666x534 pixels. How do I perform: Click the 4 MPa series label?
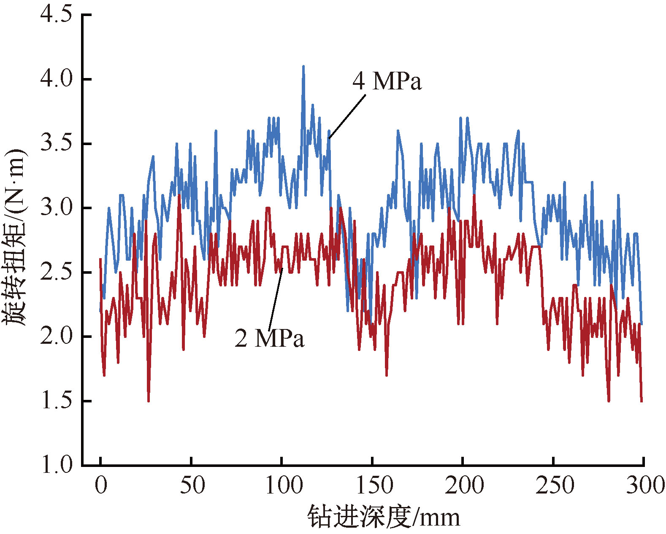pyautogui.click(x=387, y=81)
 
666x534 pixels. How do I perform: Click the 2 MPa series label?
pyautogui.click(x=269, y=338)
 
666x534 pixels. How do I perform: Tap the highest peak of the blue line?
pyautogui.click(x=303, y=67)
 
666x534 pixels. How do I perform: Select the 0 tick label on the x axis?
pyautogui.click(x=100, y=485)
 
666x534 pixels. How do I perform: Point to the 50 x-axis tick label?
pyautogui.click(x=192, y=485)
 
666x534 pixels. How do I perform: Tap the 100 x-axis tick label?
pyautogui.click(x=283, y=485)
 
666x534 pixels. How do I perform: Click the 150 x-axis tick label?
pyautogui.click(x=374, y=485)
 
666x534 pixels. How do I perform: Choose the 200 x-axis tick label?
pyautogui.click(x=464, y=485)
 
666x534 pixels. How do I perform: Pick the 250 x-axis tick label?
pyautogui.click(x=555, y=485)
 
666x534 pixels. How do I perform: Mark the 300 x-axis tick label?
pyautogui.click(x=645, y=485)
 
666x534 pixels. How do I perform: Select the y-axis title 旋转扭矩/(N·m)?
pyautogui.click(x=15, y=237)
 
